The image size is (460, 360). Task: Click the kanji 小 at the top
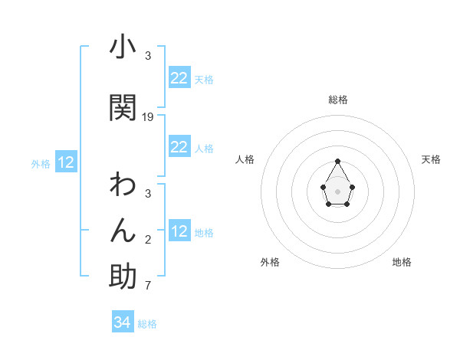(123, 47)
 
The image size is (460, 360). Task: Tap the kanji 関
(123, 106)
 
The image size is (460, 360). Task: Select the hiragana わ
(123, 185)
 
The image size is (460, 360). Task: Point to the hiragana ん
(123, 230)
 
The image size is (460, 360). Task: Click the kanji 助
(123, 276)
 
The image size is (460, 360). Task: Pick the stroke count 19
(148, 117)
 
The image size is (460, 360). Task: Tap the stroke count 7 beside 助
(148, 286)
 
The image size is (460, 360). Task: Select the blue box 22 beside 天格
(179, 78)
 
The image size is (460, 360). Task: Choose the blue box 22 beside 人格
(179, 147)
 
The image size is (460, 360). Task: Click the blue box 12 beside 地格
(179, 231)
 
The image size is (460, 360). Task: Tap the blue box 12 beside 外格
(66, 162)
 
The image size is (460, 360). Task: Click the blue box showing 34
(122, 322)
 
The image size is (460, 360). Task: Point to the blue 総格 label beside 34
(147, 324)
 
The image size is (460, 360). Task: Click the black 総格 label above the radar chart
(337, 100)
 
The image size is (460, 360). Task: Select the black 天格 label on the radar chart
(431, 159)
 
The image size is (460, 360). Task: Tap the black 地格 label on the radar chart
(402, 262)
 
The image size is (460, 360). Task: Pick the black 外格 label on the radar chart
(270, 262)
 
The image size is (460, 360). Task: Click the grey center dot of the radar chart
(337, 190)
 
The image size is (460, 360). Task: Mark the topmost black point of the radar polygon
(337, 161)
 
